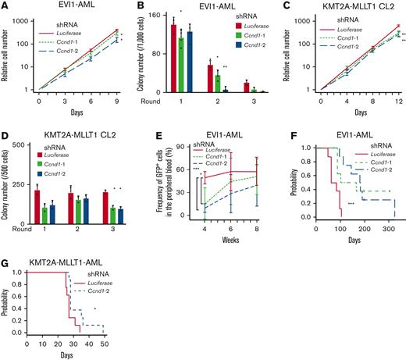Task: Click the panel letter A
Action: point(5,5)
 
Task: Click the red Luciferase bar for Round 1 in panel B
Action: point(173,59)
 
